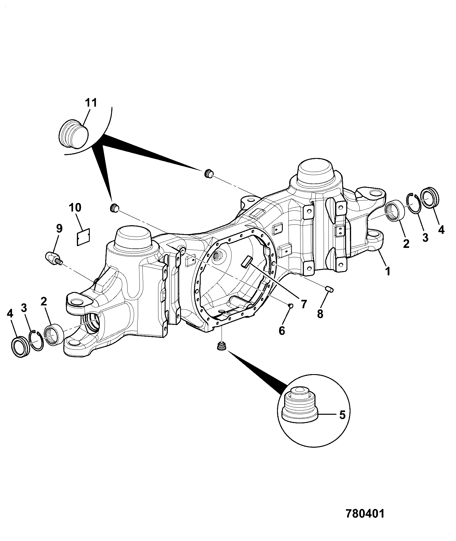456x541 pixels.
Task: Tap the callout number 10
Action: point(75,208)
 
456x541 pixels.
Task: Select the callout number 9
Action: point(59,229)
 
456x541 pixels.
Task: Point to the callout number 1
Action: point(387,271)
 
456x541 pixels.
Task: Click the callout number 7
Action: point(303,304)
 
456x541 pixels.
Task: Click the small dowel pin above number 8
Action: point(330,289)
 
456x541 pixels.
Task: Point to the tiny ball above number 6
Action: point(290,306)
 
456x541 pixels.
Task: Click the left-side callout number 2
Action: point(44,301)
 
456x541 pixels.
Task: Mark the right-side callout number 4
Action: point(441,230)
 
